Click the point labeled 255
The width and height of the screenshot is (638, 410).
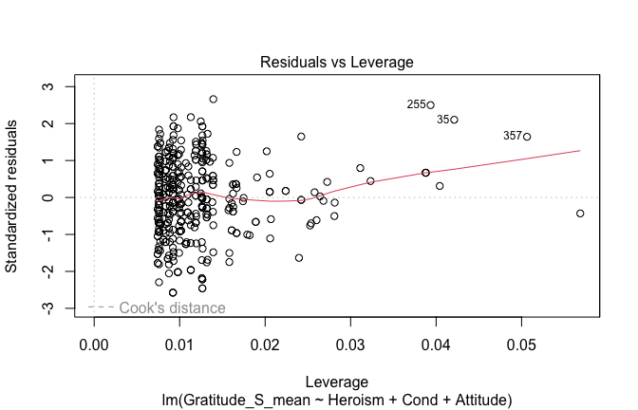pyautogui.click(x=430, y=105)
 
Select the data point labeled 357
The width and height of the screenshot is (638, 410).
pyautogui.click(x=527, y=137)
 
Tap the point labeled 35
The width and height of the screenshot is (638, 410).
pyautogui.click(x=454, y=120)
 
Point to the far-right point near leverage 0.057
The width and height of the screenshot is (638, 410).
pyautogui.click(x=580, y=214)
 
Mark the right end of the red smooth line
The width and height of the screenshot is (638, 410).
pyautogui.click(x=580, y=150)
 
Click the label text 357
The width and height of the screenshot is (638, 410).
pyautogui.click(x=513, y=136)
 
